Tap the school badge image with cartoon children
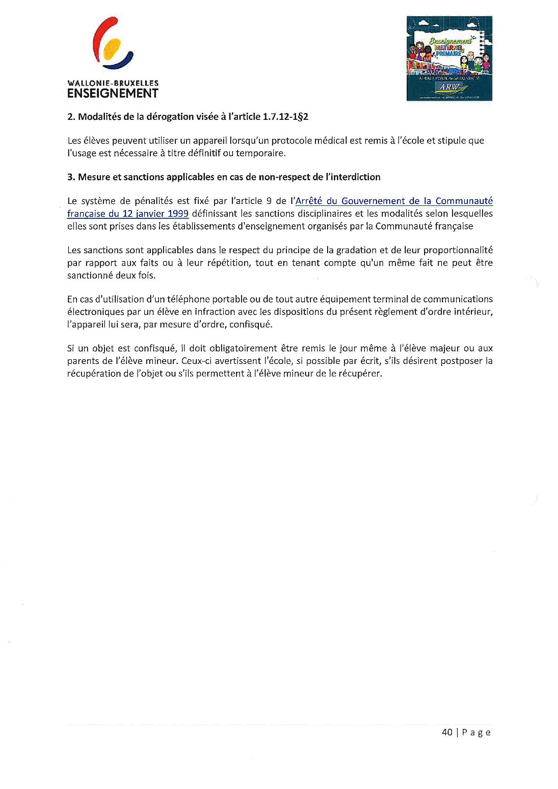tap(449, 58)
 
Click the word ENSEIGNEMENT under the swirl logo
tap(113, 94)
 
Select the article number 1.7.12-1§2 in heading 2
tap(285, 117)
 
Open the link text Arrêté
tap(309, 201)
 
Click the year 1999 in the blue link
tap(178, 214)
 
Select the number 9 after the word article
tap(269, 201)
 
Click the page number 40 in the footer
tap(447, 732)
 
